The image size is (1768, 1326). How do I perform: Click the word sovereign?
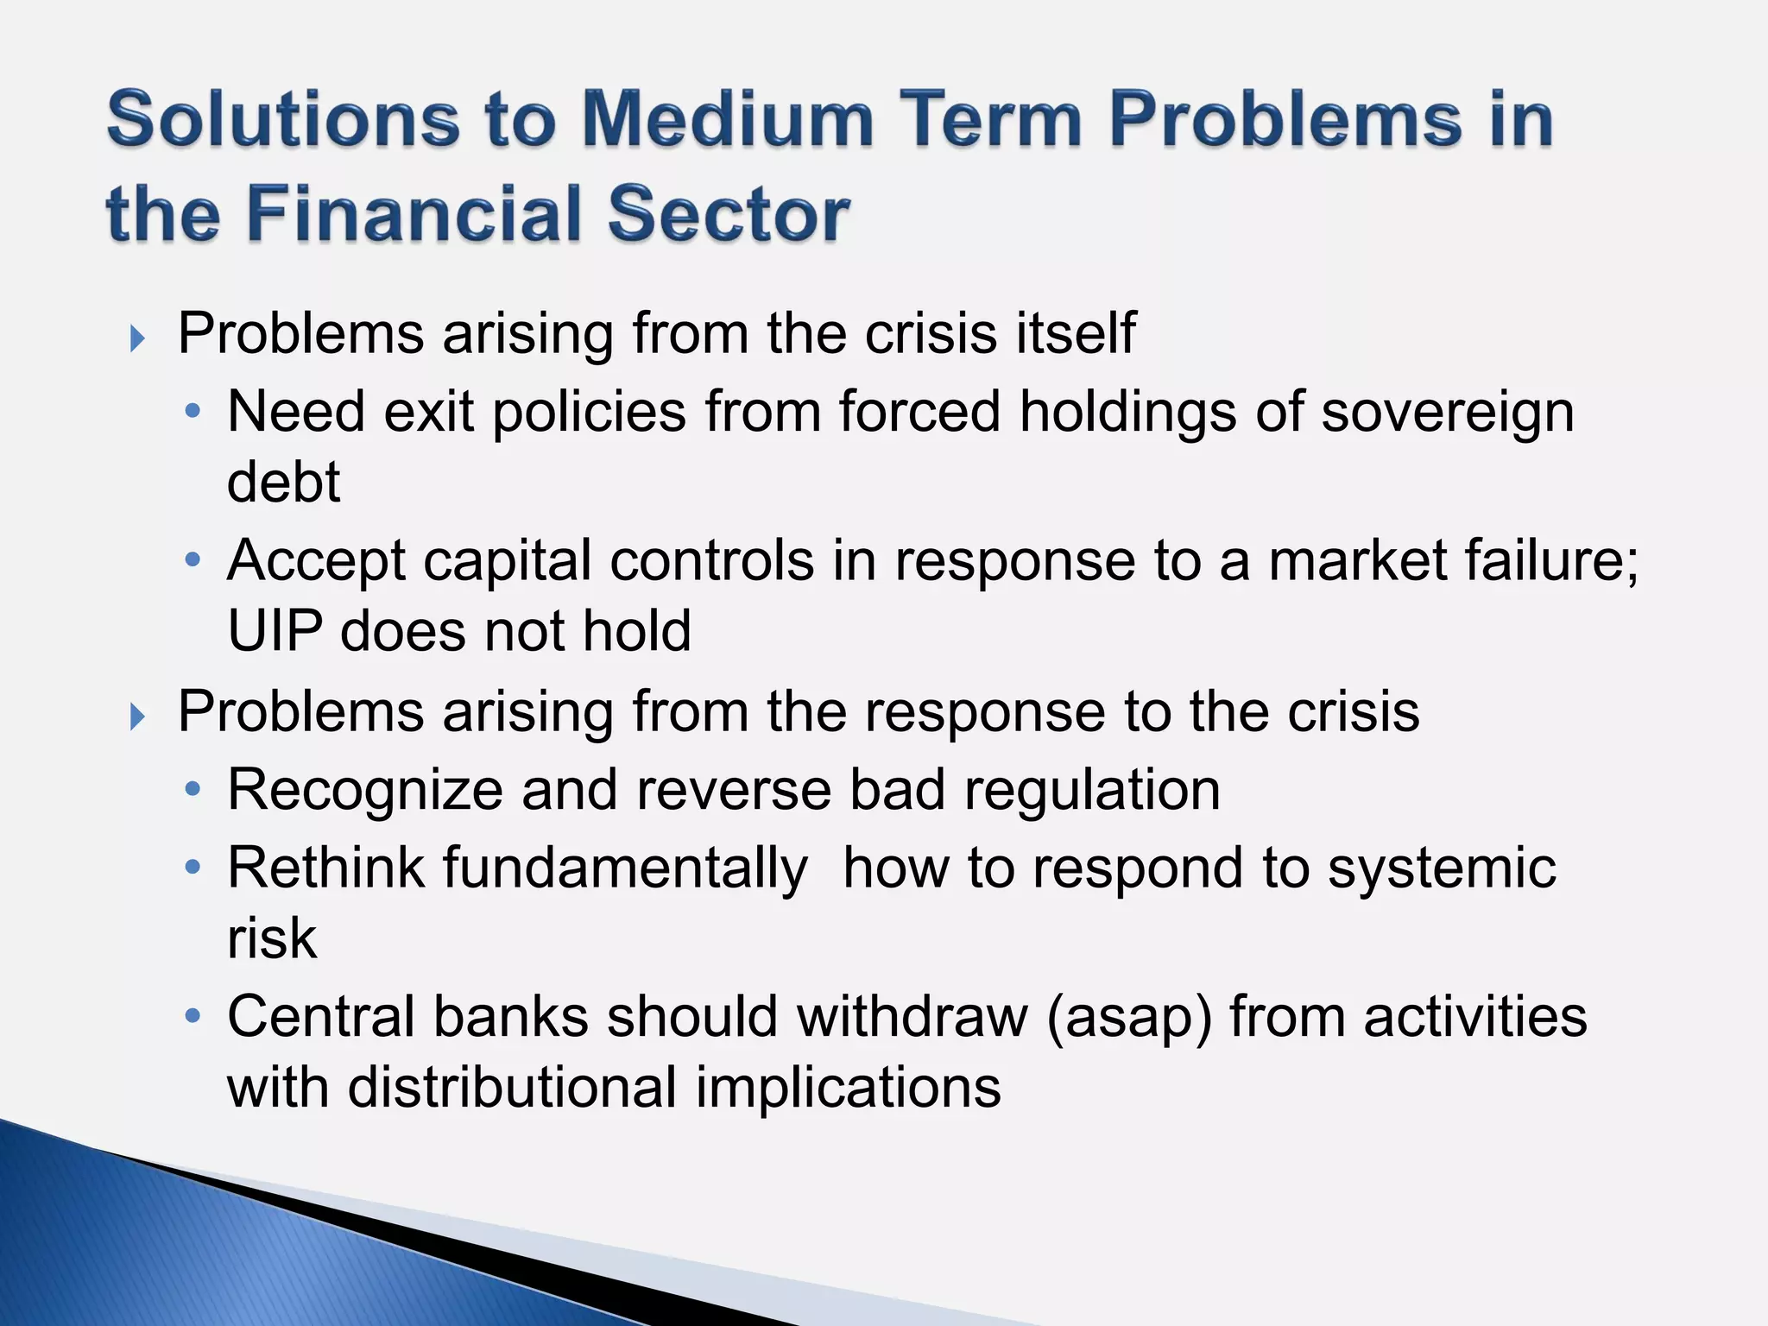(1448, 413)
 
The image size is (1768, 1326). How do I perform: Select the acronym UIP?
(275, 631)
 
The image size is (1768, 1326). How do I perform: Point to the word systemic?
(1442, 868)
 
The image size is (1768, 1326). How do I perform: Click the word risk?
(272, 938)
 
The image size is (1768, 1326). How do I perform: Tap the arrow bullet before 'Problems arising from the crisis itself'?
(137, 338)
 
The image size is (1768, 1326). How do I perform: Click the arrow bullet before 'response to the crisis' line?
(137, 717)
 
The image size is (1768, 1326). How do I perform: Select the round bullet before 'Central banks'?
(193, 1016)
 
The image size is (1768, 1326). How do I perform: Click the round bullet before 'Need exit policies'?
(193, 412)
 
